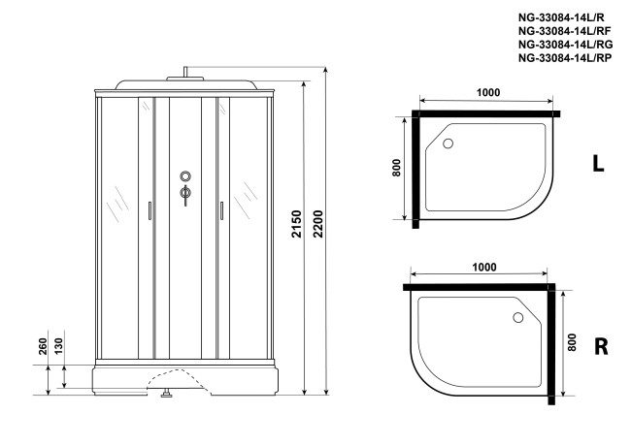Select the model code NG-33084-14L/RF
tap(565, 30)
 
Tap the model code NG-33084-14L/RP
tap(565, 57)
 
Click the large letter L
tap(599, 165)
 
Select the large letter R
tap(600, 346)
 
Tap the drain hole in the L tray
tap(448, 144)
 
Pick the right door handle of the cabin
tap(221, 209)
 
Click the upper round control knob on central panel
tap(184, 176)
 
